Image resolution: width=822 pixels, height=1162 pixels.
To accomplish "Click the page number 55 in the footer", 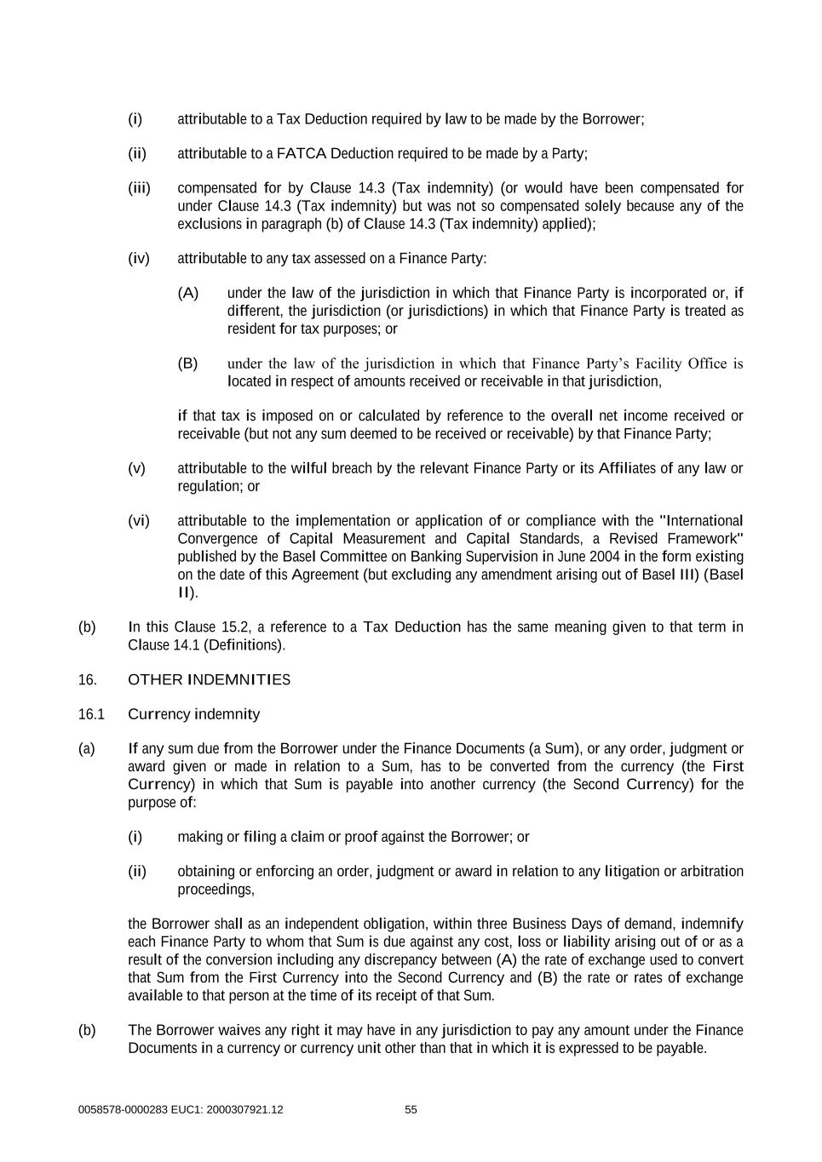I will [x=411, y=1109].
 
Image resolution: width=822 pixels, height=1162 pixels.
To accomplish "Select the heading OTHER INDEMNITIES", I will [x=209, y=679].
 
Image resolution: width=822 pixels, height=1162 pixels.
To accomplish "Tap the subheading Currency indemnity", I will [x=193, y=714].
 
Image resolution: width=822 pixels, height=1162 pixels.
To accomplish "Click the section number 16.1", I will [x=90, y=714].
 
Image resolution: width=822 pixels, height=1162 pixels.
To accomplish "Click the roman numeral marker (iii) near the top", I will [x=139, y=188].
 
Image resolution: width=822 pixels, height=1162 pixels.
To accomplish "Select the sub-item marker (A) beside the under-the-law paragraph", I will [x=187, y=293].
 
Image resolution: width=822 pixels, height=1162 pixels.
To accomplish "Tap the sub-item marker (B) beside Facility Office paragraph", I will [x=187, y=363].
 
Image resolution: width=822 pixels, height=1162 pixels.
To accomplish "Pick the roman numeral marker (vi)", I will [x=138, y=520].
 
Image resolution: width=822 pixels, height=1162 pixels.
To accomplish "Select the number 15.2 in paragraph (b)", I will [x=234, y=627].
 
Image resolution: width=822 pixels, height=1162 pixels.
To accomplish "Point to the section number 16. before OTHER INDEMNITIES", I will [x=87, y=679].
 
